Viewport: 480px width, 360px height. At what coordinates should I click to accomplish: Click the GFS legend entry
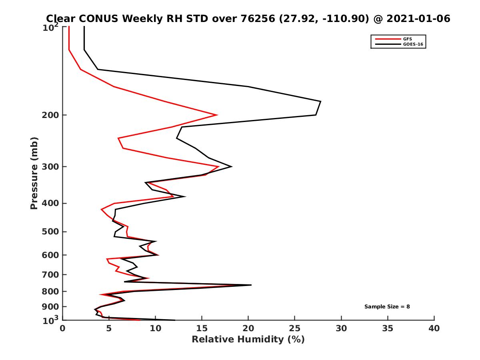coord(408,39)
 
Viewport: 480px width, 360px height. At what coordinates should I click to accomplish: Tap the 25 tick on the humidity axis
coord(295,328)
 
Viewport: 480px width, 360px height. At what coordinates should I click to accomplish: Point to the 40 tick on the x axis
coord(434,328)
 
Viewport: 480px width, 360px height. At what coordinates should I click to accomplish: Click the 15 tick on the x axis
coord(202,328)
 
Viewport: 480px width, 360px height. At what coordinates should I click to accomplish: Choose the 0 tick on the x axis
coord(62,328)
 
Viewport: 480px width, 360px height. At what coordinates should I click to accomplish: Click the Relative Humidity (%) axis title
coord(248,340)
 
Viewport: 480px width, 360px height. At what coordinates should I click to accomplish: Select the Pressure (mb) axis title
coord(34,173)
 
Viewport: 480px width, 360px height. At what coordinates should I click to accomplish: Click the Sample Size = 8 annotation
coord(387,307)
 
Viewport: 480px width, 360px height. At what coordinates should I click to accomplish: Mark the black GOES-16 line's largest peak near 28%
coord(320,102)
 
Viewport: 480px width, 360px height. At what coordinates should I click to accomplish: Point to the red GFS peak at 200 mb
coord(217,115)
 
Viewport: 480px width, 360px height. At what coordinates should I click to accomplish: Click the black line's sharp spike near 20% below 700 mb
coord(251,285)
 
